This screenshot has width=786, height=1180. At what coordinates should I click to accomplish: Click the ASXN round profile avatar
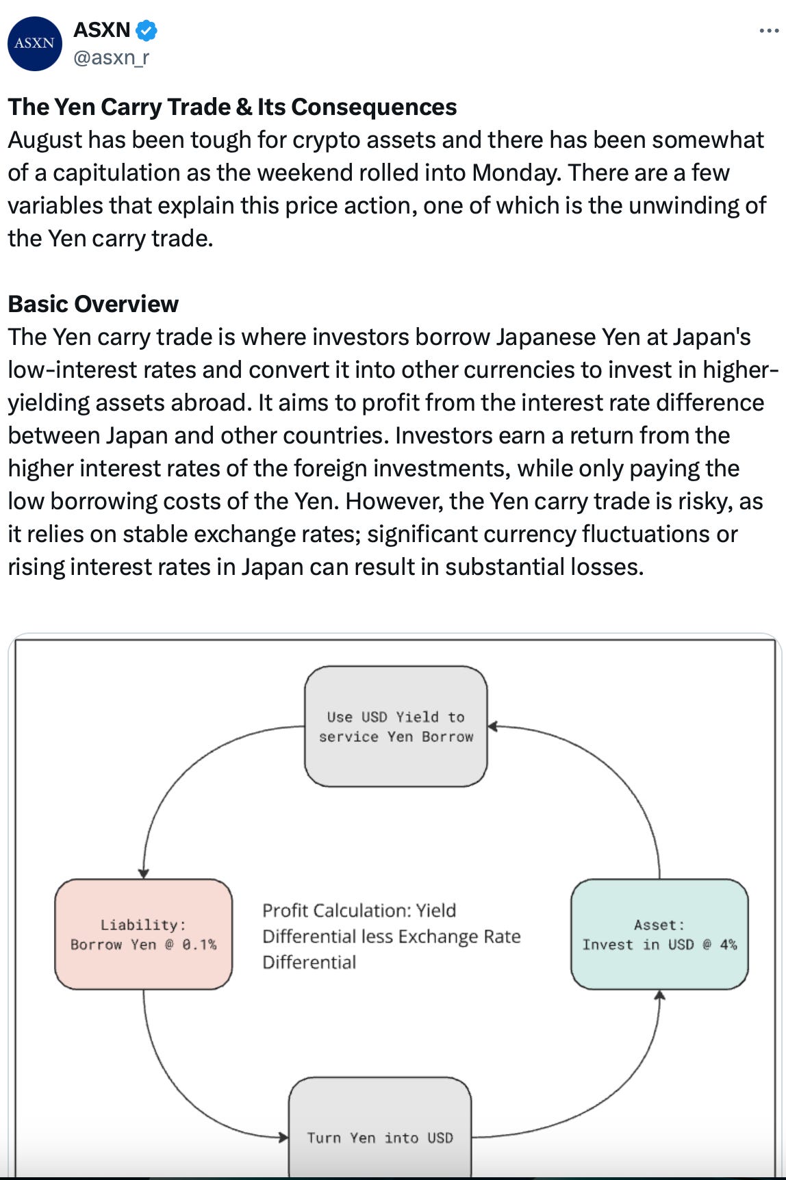click(x=35, y=43)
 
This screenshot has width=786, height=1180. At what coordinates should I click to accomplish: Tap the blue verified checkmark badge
click(x=147, y=30)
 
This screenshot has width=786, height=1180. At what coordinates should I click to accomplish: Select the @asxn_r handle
click(x=111, y=57)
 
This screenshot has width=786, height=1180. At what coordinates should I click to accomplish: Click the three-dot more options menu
click(x=769, y=31)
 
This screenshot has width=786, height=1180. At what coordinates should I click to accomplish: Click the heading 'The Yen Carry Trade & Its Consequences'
click(x=232, y=107)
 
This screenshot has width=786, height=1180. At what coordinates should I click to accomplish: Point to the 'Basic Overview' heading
click(x=93, y=304)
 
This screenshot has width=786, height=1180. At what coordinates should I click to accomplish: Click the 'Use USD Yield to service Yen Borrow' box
click(x=396, y=726)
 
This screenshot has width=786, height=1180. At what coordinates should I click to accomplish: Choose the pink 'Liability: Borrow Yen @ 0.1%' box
click(x=143, y=934)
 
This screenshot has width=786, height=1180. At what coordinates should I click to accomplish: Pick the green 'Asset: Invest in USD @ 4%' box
click(x=659, y=934)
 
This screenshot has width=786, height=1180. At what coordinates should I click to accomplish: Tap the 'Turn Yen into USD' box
click(x=380, y=1138)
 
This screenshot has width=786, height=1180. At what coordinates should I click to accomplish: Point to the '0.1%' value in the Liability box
click(x=199, y=945)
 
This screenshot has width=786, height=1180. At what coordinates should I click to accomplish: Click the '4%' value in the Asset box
click(x=728, y=945)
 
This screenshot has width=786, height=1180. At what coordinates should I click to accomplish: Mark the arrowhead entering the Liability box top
click(x=144, y=873)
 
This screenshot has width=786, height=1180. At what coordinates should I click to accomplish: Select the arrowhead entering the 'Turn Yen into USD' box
click(x=283, y=1138)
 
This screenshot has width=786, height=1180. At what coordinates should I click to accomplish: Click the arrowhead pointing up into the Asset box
click(x=659, y=996)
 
